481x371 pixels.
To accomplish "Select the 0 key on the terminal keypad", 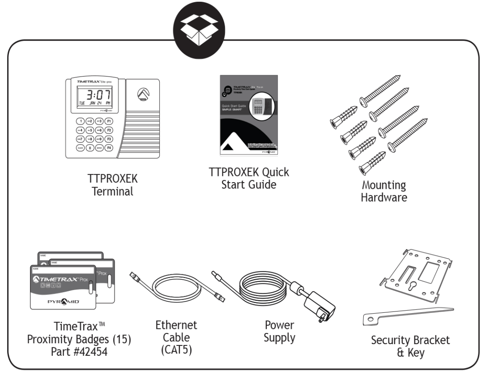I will pyautogui.click(x=89, y=148).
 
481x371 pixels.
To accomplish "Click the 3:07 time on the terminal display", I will pyautogui.click(x=96, y=95).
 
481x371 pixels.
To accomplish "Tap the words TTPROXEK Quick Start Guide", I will pyautogui.click(x=249, y=178).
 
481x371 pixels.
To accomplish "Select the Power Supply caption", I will pyautogui.click(x=280, y=331).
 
